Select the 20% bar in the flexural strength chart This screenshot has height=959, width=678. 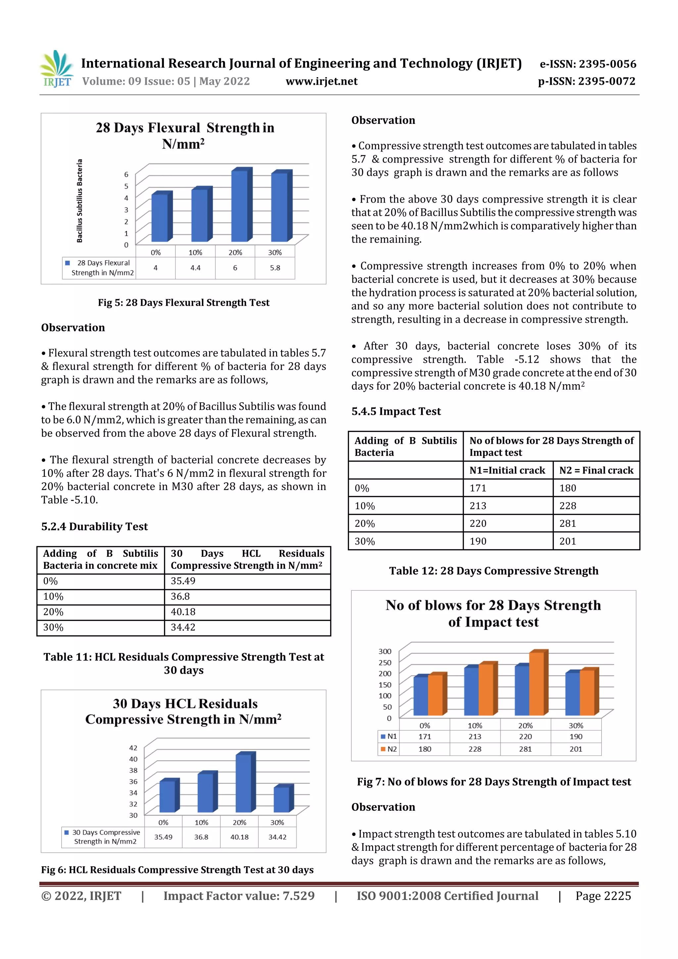(239, 206)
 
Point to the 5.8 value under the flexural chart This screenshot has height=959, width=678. (274, 268)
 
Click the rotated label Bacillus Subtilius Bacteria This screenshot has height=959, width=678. (79, 201)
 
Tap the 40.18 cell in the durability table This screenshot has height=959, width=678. (183, 612)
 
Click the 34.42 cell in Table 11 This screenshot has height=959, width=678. (183, 627)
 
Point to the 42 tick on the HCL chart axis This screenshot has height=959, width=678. (133, 748)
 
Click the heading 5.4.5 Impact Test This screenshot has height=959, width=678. (396, 411)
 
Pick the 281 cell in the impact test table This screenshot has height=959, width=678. (568, 523)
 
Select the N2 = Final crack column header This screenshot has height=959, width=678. (596, 470)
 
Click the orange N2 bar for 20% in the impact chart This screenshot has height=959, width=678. (536, 684)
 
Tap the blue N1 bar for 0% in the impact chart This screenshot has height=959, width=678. (421, 696)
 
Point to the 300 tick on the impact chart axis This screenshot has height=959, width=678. (385, 651)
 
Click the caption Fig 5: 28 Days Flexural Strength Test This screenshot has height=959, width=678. (183, 303)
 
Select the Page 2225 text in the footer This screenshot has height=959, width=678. (603, 896)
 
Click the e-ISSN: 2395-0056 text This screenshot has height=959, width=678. (588, 64)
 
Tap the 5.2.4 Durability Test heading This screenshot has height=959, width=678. (94, 526)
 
